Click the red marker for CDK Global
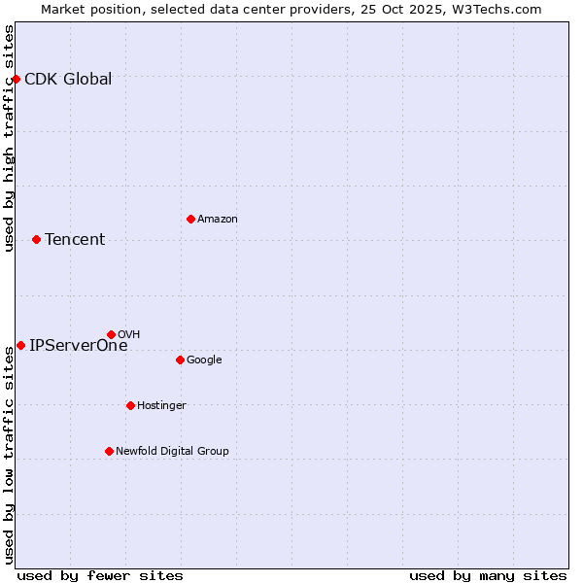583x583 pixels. click(17, 79)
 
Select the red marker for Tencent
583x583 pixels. click(36, 239)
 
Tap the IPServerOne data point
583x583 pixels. click(20, 345)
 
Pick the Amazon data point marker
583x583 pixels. click(190, 219)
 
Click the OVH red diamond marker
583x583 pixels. click(111, 334)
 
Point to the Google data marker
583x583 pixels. click(180, 360)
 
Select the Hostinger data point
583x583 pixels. click(130, 405)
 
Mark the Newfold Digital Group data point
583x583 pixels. click(109, 451)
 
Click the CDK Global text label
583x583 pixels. click(68, 80)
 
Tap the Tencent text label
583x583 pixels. click(75, 240)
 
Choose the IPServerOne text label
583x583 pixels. click(79, 346)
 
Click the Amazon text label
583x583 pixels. click(218, 220)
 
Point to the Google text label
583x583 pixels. click(204, 360)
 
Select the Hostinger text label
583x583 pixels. click(161, 406)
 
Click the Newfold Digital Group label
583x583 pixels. click(172, 452)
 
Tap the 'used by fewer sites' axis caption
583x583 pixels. click(100, 575)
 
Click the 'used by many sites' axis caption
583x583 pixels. click(488, 575)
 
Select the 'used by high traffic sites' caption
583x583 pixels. click(10, 138)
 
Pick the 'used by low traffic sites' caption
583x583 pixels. click(10, 456)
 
